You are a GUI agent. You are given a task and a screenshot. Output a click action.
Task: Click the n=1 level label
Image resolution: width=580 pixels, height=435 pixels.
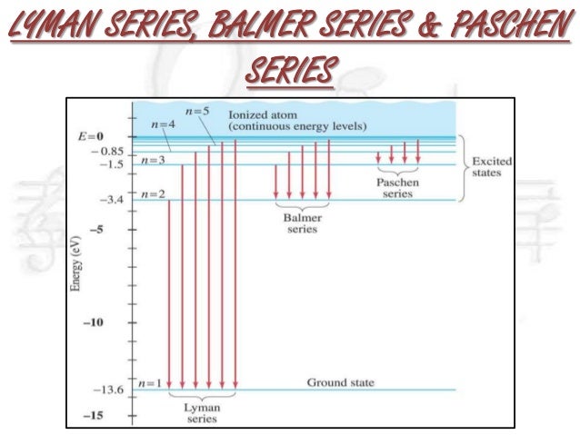coord(152,383)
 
